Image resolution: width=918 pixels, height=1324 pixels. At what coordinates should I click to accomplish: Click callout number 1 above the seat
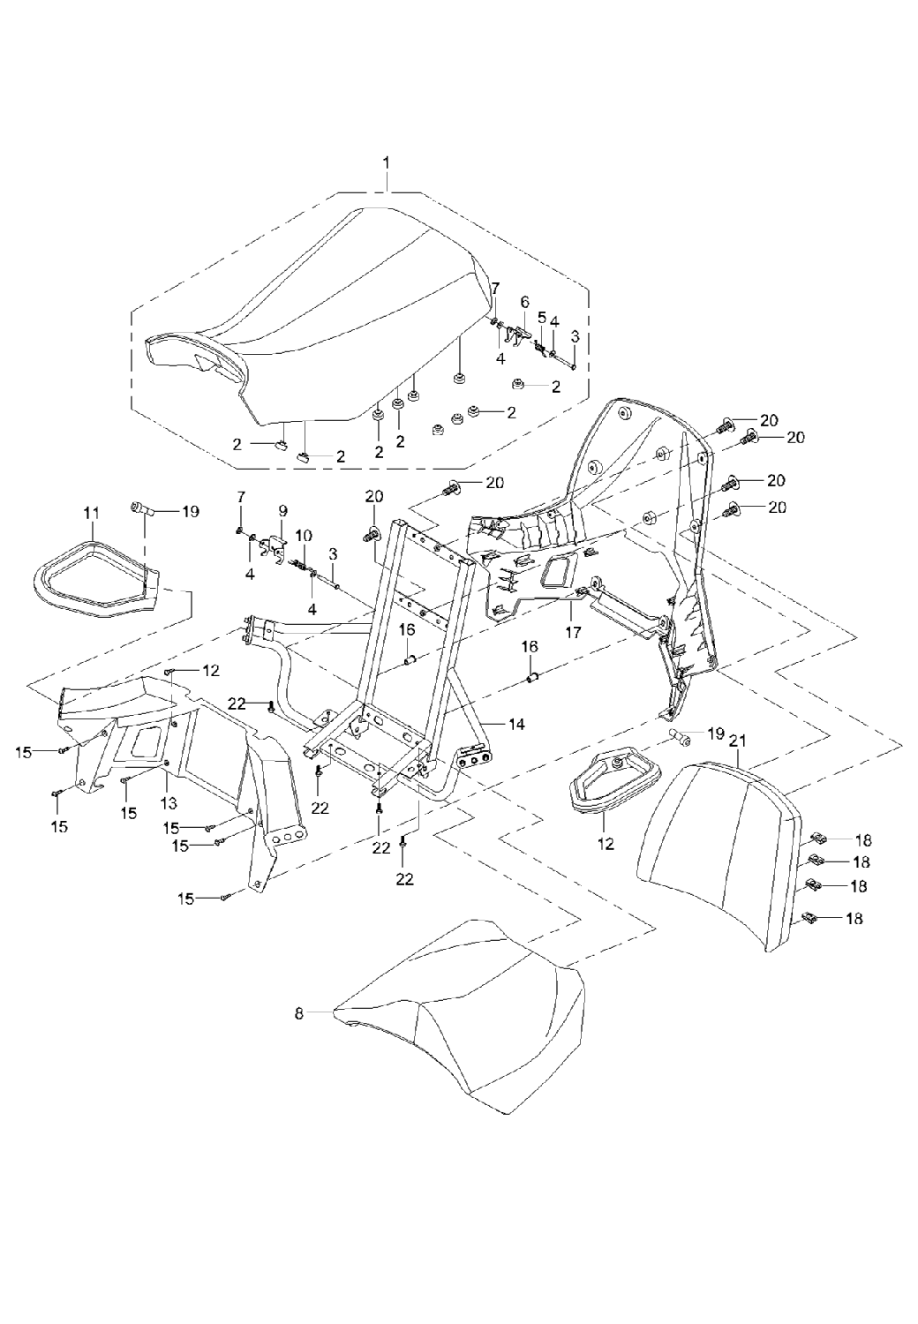pos(386,162)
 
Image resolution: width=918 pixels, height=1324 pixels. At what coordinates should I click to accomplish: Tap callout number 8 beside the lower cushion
pos(298,1014)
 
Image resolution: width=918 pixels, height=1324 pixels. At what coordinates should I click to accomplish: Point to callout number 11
pos(92,512)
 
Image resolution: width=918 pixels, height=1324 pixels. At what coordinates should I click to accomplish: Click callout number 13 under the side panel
pos(169,803)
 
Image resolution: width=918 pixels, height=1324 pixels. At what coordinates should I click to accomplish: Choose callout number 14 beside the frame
pos(516,724)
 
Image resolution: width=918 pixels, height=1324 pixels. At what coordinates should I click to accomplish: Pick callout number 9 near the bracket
pos(282,510)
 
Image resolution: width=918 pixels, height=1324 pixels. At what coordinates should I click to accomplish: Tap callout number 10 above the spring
pos(303,536)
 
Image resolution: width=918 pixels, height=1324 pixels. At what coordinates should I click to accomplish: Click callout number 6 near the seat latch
pos(524,302)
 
